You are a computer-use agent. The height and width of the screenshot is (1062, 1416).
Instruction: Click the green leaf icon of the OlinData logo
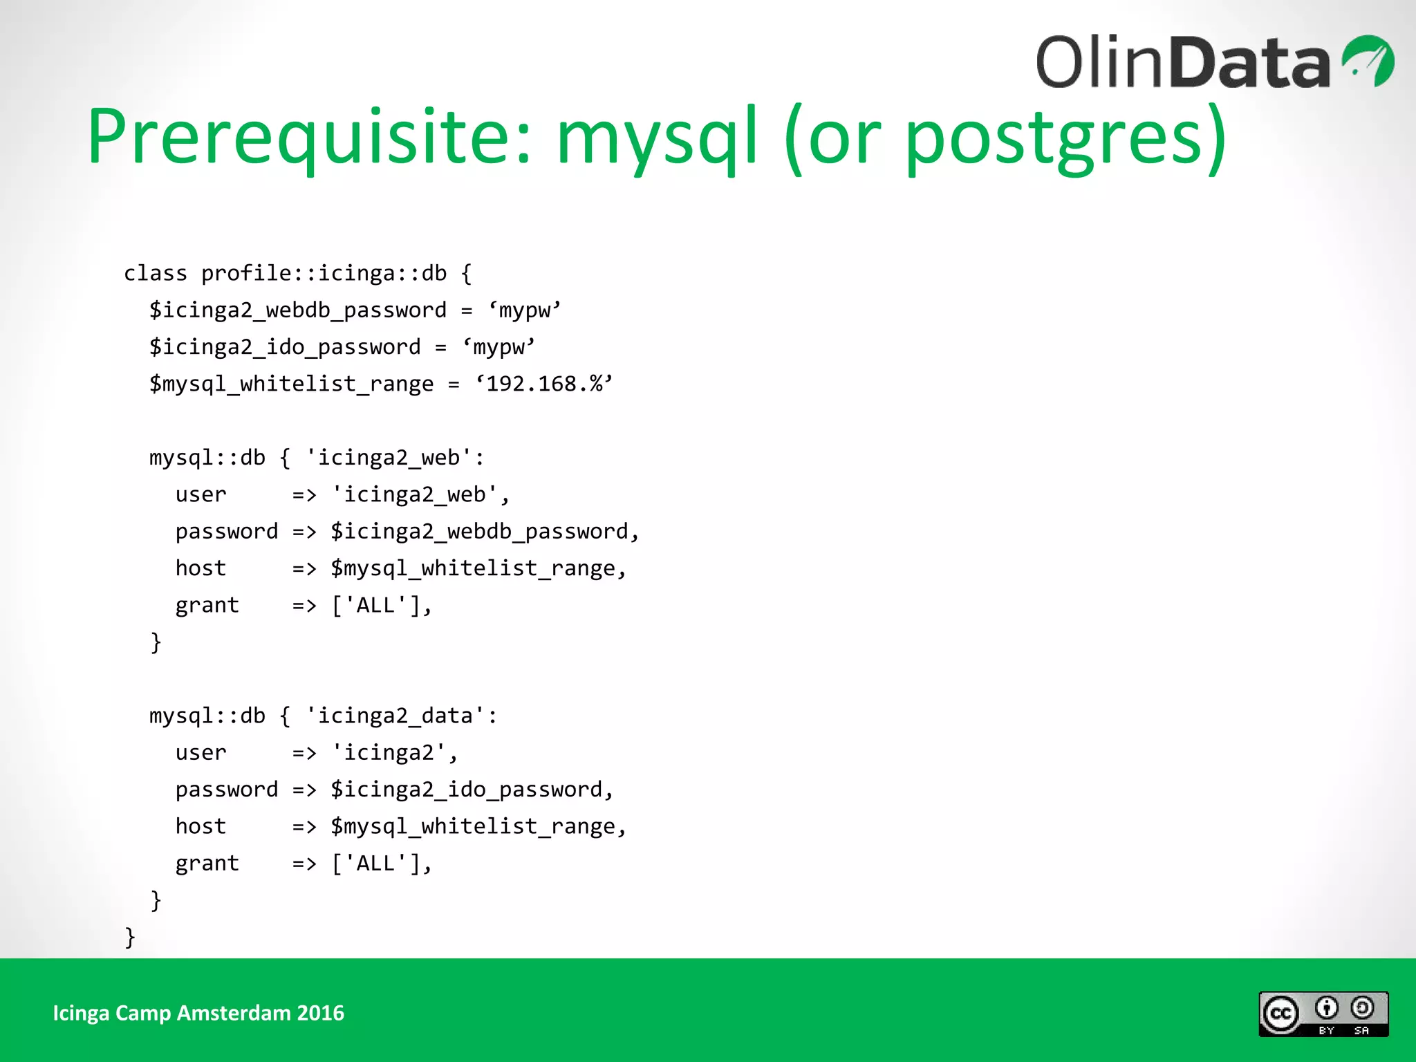click(x=1369, y=61)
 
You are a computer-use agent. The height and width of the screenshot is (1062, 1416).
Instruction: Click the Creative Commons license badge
click(x=1323, y=1014)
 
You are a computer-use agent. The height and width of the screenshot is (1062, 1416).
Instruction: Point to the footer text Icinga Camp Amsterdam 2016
click(x=198, y=1013)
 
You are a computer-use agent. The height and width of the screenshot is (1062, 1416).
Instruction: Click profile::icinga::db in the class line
click(x=324, y=273)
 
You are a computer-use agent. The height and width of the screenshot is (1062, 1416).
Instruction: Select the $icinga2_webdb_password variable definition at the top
click(x=297, y=310)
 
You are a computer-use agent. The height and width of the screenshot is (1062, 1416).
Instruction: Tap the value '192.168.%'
click(x=544, y=384)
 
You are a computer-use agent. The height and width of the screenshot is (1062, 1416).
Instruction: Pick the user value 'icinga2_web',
click(x=420, y=495)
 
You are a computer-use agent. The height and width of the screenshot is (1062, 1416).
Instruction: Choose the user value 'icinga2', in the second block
click(x=394, y=753)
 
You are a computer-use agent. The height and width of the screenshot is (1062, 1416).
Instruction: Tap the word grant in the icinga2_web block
click(x=207, y=606)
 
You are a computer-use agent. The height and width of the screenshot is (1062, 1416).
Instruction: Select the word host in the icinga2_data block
click(x=201, y=826)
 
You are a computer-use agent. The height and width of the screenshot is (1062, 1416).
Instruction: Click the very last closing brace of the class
click(x=130, y=938)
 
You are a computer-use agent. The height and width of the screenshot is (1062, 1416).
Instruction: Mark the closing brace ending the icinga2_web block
click(x=156, y=642)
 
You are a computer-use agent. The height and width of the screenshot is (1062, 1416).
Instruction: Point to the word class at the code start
click(x=155, y=273)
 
